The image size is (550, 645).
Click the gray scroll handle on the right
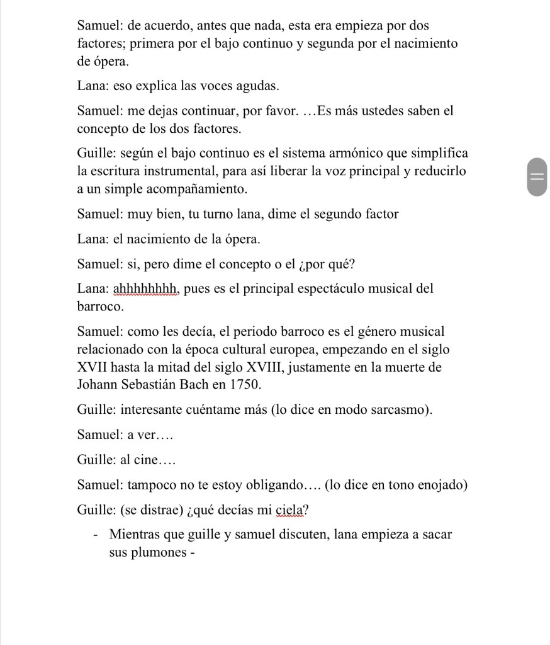[536, 176]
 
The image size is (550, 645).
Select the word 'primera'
[145, 44]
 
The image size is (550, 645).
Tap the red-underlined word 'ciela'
[289, 511]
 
